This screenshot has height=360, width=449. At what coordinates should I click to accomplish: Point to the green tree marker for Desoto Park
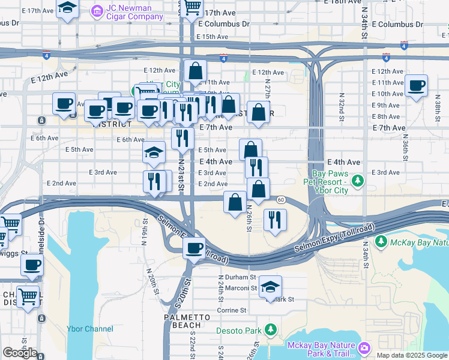click(271, 330)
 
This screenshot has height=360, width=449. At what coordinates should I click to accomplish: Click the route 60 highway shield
click(280, 199)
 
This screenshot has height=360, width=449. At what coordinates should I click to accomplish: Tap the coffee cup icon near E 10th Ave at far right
click(416, 85)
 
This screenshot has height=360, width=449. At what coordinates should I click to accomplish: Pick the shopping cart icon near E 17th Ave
click(193, 7)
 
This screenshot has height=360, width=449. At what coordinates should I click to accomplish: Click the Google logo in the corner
click(20, 353)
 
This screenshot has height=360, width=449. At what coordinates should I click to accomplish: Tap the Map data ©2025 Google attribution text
click(411, 355)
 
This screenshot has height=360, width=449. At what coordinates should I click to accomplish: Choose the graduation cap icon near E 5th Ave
click(154, 152)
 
